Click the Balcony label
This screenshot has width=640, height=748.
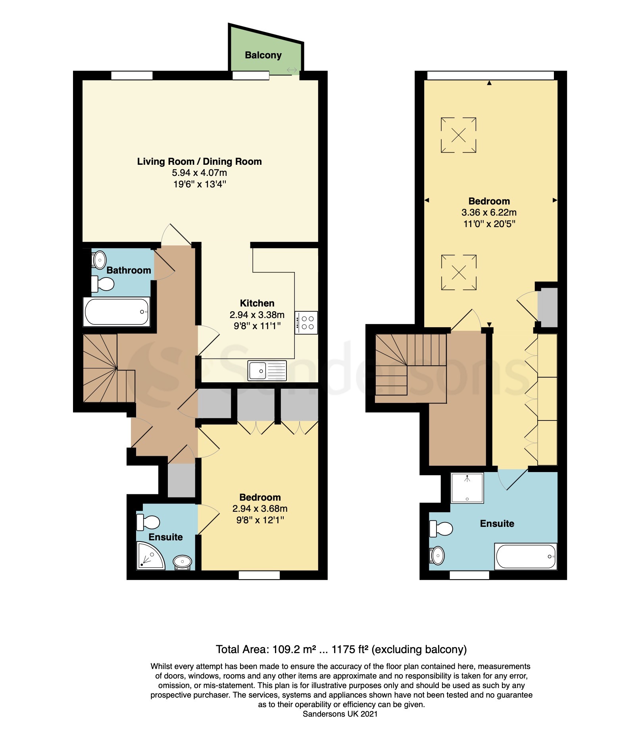pyautogui.click(x=263, y=55)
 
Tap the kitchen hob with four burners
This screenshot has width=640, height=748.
pyautogui.click(x=306, y=322)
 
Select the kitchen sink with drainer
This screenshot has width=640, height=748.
pyautogui.click(x=267, y=370)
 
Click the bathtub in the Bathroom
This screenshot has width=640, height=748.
pyautogui.click(x=117, y=312)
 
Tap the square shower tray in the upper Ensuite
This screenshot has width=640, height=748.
pyautogui.click(x=467, y=488)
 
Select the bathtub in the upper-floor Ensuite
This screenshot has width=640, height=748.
pyautogui.click(x=525, y=556)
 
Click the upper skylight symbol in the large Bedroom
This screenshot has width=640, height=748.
pyautogui.click(x=458, y=135)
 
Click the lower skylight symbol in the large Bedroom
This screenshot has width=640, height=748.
pyautogui.click(x=458, y=272)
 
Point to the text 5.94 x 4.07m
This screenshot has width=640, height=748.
pyautogui.click(x=199, y=173)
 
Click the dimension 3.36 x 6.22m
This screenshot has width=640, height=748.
pyautogui.click(x=489, y=212)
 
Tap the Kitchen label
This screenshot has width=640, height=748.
pyautogui.click(x=257, y=303)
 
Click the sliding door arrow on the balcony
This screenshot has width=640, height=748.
pyautogui.click(x=292, y=70)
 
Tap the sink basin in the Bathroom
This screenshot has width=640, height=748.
pyautogui.click(x=99, y=260)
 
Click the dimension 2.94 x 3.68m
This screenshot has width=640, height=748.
pyautogui.click(x=260, y=509)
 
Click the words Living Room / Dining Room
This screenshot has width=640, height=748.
pyautogui.click(x=199, y=162)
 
